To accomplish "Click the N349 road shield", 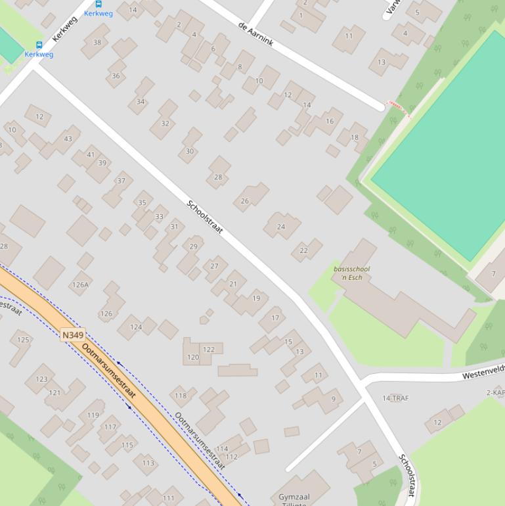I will click(73, 335).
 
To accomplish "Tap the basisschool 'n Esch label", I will click(351, 273).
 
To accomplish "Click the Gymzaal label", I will click(294, 497).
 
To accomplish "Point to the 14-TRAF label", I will click(395, 398).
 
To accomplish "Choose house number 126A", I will click(80, 285).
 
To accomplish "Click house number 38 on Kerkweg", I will click(97, 43).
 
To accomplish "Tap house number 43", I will click(68, 139).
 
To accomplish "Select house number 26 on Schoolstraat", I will click(245, 201).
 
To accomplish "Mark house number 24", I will click(281, 227).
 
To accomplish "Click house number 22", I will click(303, 250).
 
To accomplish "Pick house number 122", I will click(209, 350).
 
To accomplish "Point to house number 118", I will click(181, 396).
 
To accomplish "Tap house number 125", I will click(23, 340).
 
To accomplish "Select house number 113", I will click(148, 463).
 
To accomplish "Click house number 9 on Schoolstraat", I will click(333, 399).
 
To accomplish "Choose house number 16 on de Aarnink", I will click(330, 121).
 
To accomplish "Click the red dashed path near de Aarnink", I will click(398, 108).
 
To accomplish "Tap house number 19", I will click(256, 298).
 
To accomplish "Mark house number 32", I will click(165, 123).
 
